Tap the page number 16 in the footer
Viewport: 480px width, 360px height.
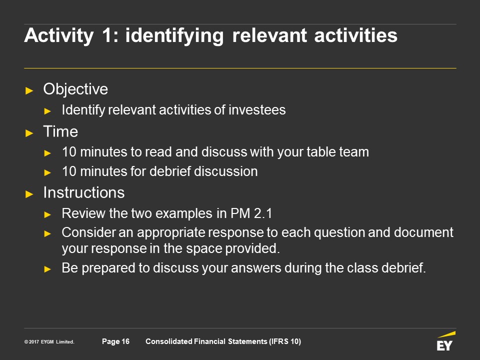[125, 341]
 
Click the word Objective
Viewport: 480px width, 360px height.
[75, 89]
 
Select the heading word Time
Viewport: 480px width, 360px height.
[60, 131]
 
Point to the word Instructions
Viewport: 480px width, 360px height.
[84, 192]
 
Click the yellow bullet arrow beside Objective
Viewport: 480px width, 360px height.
[29, 90]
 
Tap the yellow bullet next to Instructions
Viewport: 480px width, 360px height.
[29, 194]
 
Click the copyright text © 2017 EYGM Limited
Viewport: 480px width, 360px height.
[49, 341]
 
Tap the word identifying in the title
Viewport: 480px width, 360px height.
[174, 36]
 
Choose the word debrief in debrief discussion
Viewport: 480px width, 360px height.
[170, 171]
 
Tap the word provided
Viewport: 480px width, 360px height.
[252, 249]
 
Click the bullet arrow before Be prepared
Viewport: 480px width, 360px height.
[47, 269]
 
